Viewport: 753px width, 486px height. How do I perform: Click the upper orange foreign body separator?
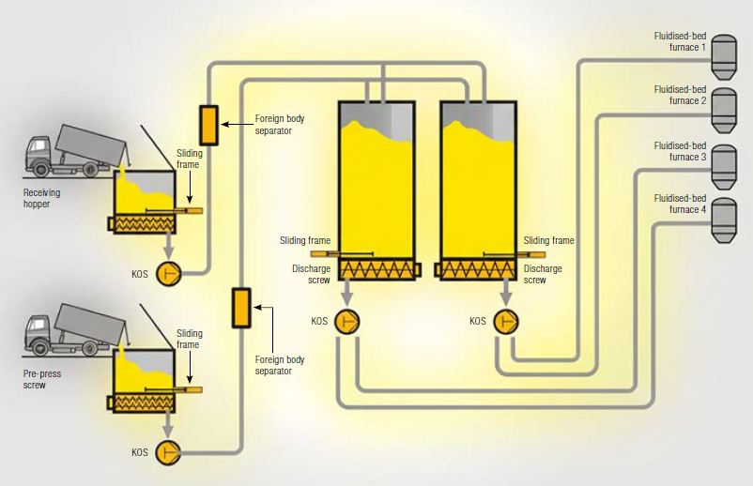click(x=208, y=125)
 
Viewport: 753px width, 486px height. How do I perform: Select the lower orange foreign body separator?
click(x=241, y=308)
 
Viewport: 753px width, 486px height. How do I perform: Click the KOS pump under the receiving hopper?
click(x=170, y=273)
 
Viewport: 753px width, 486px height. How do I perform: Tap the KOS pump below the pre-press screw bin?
click(x=170, y=451)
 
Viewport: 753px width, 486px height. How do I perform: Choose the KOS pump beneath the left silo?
click(x=346, y=321)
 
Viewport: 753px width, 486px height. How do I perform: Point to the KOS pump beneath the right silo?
click(x=508, y=321)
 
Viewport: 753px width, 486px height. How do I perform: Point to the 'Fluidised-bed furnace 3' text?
click(x=680, y=151)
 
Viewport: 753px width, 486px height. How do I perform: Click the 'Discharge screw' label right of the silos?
click(x=543, y=274)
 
